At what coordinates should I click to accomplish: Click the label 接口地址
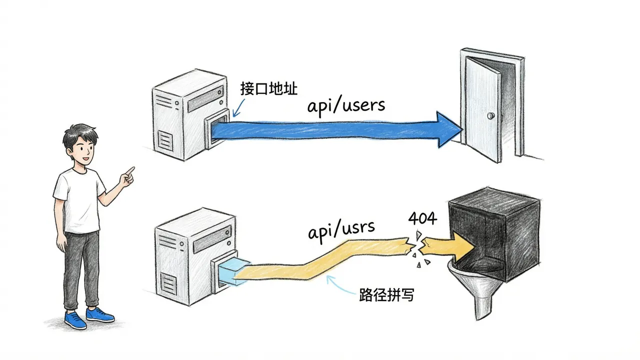pos(269,88)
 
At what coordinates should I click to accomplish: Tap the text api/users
pos(346,106)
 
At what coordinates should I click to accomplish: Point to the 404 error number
pos(422,218)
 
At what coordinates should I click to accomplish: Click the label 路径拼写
pos(386,294)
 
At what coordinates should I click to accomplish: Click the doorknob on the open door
pos(491,115)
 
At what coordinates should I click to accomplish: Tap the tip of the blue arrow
pos(462,130)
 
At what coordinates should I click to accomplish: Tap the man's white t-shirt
pos(79,200)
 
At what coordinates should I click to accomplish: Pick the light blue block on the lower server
pos(233,271)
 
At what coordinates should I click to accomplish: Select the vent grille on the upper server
pos(165,140)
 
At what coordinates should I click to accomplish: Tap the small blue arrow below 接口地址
pos(238,108)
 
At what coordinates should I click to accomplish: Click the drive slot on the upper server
pos(205,98)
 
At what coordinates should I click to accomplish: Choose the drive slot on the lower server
pos(212,239)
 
